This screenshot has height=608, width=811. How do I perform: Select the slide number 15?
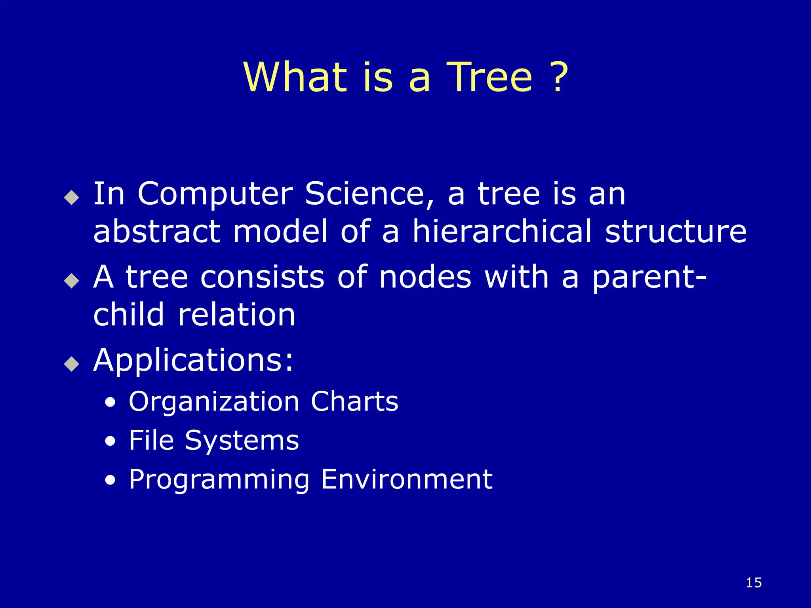pyautogui.click(x=754, y=583)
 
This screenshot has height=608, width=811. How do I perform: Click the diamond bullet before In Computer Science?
pyautogui.click(x=72, y=197)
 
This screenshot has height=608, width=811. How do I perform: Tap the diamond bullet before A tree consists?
pyautogui.click(x=72, y=281)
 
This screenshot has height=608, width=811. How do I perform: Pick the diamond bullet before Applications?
pyautogui.click(x=72, y=363)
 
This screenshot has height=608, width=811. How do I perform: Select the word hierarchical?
pyautogui.click(x=502, y=232)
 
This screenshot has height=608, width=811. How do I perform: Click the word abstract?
pyautogui.click(x=156, y=232)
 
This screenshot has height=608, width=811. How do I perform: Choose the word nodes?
pyautogui.click(x=425, y=277)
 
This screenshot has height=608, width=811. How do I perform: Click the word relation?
pyautogui.click(x=236, y=315)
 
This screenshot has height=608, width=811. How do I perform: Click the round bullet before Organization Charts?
pyautogui.click(x=111, y=403)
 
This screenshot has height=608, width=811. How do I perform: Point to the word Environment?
pyautogui.click(x=407, y=479)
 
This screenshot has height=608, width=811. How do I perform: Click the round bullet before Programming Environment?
pyautogui.click(x=111, y=481)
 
